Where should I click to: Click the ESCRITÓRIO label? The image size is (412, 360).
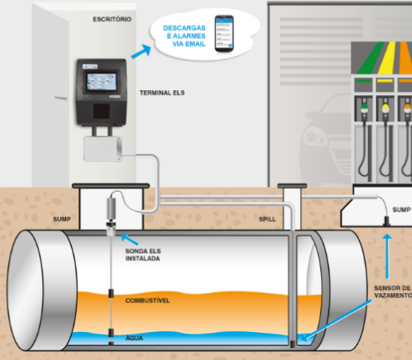[112, 19]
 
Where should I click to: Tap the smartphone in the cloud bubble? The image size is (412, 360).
[224, 34]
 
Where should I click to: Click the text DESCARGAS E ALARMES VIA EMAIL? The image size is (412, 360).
[184, 36]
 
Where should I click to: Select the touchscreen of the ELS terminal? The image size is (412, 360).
[101, 81]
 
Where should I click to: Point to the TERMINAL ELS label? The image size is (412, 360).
[162, 93]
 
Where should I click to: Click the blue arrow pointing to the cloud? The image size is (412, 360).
[141, 51]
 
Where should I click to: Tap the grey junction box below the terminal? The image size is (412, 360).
[103, 148]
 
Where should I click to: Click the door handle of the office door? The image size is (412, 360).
[61, 98]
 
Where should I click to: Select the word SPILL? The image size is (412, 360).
[267, 219]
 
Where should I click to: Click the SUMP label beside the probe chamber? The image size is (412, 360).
[61, 219]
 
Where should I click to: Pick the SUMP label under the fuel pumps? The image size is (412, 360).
[402, 210]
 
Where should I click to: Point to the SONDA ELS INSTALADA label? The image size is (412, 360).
[143, 255]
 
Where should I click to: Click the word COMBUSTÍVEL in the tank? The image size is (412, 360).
[148, 300]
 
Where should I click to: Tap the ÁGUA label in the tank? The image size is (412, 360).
[134, 338]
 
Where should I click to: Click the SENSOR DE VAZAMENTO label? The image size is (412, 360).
[393, 291]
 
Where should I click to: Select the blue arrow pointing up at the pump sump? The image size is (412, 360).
[387, 256]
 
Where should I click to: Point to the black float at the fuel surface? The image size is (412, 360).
[111, 293]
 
